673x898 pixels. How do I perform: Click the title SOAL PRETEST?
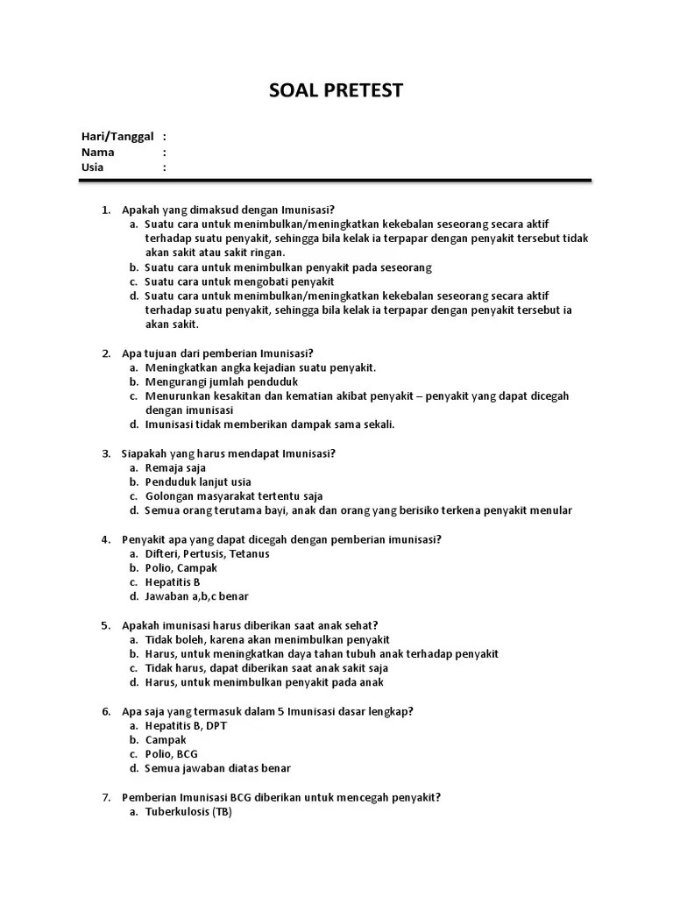click(x=336, y=91)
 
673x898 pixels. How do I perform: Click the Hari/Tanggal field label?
click(x=117, y=136)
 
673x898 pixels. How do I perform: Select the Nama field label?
click(x=98, y=152)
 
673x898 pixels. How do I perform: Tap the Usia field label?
click(x=93, y=167)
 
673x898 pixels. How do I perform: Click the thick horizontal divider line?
click(x=335, y=182)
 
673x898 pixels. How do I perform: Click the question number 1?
click(x=105, y=210)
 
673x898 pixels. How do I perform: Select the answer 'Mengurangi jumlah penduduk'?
click(x=222, y=381)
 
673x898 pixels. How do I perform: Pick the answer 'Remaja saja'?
click(x=176, y=467)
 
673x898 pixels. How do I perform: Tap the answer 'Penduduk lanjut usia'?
click(x=198, y=481)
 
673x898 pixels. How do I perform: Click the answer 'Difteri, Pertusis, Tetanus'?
click(x=208, y=553)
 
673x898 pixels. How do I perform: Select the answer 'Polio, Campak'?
click(x=181, y=567)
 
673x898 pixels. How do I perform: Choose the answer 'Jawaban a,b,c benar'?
click(x=197, y=596)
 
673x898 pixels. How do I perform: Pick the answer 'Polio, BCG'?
click(x=172, y=754)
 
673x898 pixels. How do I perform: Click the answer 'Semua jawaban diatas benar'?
click(x=218, y=768)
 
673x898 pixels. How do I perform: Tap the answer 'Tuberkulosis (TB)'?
click(x=188, y=811)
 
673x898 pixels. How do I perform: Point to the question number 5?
click(x=105, y=625)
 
